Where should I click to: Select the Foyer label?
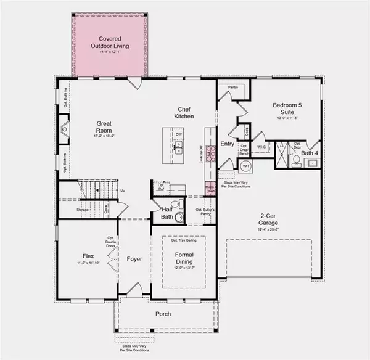[134, 259]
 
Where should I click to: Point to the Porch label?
[163, 314]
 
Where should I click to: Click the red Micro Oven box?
[210, 189]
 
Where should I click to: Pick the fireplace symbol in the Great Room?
[65, 129]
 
